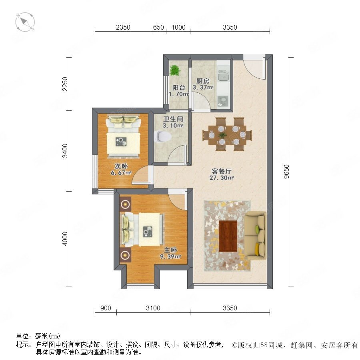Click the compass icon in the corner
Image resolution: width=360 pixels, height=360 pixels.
pyautogui.click(x=25, y=22)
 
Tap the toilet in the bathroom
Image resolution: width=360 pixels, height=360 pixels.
pyautogui.click(x=163, y=136)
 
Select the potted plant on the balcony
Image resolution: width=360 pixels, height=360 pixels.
pyautogui.click(x=175, y=70)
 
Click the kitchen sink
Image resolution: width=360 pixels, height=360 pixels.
pyautogui.click(x=223, y=76)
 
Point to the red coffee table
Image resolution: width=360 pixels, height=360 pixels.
pyautogui.click(x=228, y=236)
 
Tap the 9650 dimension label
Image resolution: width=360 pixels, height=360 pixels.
pyautogui.click(x=286, y=172)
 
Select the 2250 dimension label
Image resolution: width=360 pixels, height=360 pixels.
pyautogui.click(x=65, y=84)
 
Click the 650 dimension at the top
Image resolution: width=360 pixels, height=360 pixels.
pyautogui.click(x=158, y=27)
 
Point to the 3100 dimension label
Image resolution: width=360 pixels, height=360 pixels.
pyautogui.click(x=153, y=308)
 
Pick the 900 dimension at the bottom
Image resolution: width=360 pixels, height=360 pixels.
pyautogui.click(x=106, y=308)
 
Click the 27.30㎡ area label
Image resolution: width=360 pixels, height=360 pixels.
pyautogui.click(x=222, y=178)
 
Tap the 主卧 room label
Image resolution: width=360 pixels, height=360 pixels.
pyautogui.click(x=170, y=250)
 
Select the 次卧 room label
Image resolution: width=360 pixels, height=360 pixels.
pyautogui.click(x=121, y=166)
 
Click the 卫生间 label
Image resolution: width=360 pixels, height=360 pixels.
pyautogui.click(x=173, y=119)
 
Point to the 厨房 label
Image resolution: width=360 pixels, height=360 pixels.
pyautogui.click(x=203, y=81)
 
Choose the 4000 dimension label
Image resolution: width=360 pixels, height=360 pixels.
pyautogui.click(x=65, y=238)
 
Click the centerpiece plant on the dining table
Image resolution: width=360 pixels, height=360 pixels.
pyautogui.click(x=222, y=135)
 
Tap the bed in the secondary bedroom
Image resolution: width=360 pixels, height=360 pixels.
pyautogui.click(x=123, y=136)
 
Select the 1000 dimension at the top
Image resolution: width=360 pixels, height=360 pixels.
pyautogui.click(x=178, y=27)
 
